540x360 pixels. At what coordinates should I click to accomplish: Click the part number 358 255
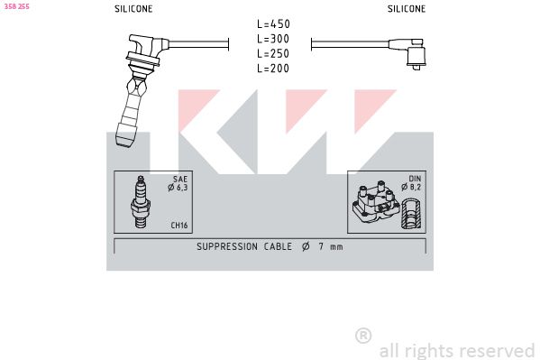coord(16,6)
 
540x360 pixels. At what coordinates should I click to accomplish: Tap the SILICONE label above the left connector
coord(133,9)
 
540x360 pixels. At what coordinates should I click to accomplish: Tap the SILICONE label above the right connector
coord(407,9)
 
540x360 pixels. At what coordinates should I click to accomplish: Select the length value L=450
coord(273,24)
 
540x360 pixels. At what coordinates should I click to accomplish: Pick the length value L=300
coord(273,39)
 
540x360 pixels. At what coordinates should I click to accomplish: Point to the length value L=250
coord(273,54)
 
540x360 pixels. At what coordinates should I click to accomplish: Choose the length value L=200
coord(273,69)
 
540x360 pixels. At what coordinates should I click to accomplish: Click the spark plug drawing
coord(141,202)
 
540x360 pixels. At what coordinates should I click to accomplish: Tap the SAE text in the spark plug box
coord(180,179)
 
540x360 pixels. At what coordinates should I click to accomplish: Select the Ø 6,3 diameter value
coord(178,188)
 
